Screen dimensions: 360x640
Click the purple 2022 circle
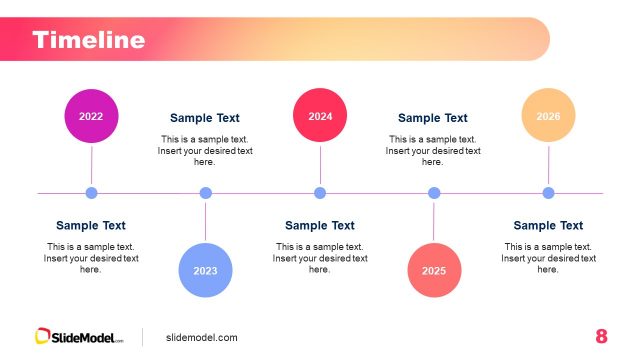point(91,116)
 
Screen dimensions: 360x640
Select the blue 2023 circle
point(205,270)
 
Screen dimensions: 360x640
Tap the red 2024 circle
point(320,116)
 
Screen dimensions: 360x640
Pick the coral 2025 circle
point(434,270)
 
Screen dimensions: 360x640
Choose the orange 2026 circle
point(548,116)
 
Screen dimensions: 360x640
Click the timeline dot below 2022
point(91,193)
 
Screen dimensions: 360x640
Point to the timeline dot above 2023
point(205,193)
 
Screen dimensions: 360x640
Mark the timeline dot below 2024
point(320,193)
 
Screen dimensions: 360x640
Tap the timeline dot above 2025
point(434,193)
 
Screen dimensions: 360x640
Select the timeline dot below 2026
point(548,193)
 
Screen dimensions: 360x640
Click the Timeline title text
point(88,40)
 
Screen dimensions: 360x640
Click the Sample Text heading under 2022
point(91,226)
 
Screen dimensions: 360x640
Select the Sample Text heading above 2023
point(205,118)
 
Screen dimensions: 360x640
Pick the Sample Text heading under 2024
point(320,226)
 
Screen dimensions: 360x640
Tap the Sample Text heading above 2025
point(433,118)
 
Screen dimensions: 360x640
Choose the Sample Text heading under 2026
point(548,226)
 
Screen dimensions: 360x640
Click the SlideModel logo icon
point(43,337)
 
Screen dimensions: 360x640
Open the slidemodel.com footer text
point(202,338)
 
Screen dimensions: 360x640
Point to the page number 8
point(601,336)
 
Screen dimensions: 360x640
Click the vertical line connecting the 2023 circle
point(205,221)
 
